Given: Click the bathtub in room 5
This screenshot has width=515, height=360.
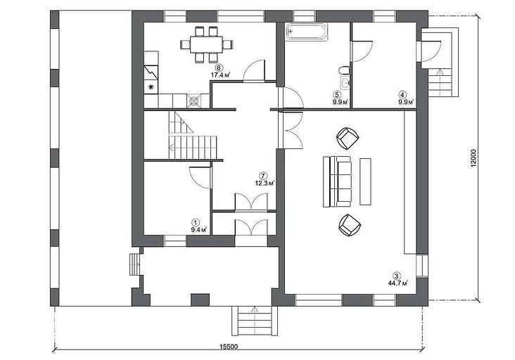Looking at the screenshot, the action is click(x=307, y=32).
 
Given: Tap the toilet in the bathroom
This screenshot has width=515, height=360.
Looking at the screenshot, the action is click(x=343, y=70).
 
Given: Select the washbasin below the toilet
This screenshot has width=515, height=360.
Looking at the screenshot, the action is click(x=345, y=84).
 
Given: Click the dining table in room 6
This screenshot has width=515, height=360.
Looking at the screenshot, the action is click(x=206, y=44).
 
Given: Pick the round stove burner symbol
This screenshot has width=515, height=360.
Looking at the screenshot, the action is click(x=194, y=101).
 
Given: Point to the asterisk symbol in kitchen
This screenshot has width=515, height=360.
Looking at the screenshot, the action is click(x=151, y=87).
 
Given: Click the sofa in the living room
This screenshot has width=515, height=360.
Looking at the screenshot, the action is click(x=337, y=181).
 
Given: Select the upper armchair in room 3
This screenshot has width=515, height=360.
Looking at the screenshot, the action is click(x=348, y=138).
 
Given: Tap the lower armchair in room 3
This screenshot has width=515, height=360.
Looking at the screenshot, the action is click(x=350, y=225).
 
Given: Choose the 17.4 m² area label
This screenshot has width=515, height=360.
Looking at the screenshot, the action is click(x=220, y=75).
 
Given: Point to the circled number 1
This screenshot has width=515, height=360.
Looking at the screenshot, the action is click(x=196, y=222).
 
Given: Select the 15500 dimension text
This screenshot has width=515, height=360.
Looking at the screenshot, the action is click(x=228, y=346).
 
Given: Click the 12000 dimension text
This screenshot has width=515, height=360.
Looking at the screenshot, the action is click(x=473, y=158).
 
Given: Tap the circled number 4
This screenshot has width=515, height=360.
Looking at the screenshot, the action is click(x=403, y=94).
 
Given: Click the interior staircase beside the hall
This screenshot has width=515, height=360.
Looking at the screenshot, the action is click(x=193, y=135).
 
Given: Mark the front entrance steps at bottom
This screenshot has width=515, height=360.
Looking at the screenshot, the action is click(x=255, y=321).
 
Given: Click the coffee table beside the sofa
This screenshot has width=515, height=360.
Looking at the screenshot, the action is click(x=366, y=181).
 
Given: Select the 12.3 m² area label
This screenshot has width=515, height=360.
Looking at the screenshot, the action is click(x=265, y=183).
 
